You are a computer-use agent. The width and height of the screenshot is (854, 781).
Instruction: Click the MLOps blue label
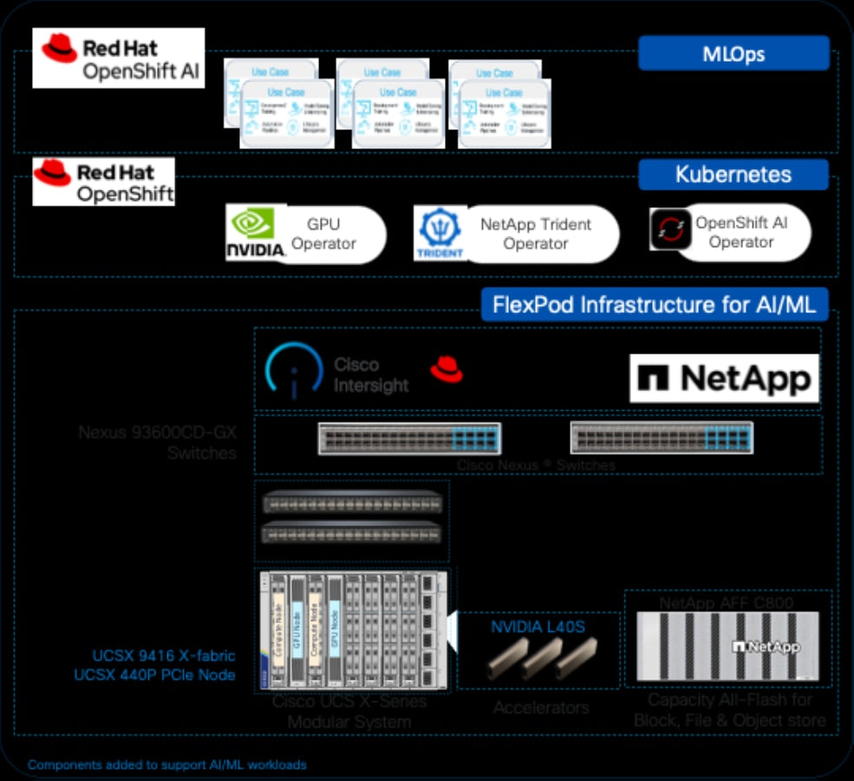733,53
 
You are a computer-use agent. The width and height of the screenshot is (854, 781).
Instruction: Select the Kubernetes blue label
733,174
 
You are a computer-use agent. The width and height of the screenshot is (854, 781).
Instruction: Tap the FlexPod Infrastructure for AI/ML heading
655,305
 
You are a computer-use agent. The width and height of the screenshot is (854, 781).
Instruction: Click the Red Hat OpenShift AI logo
119,58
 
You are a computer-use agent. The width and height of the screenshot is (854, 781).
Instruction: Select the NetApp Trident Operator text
536,234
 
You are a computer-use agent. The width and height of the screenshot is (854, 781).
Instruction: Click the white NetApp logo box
724,378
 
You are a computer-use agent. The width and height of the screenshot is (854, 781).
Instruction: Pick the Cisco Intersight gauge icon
294,372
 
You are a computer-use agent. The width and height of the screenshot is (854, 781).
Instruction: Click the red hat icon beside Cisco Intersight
447,372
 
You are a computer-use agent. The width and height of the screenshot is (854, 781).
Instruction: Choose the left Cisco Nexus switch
409,439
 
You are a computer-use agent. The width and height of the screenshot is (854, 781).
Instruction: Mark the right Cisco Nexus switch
662,439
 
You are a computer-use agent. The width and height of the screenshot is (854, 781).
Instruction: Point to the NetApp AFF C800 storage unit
727,646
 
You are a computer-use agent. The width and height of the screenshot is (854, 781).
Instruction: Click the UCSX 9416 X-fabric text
163,656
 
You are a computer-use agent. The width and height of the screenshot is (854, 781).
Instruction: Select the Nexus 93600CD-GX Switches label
157,441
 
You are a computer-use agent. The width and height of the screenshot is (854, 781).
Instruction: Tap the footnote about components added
166,765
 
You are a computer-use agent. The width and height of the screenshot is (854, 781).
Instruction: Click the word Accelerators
541,707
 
